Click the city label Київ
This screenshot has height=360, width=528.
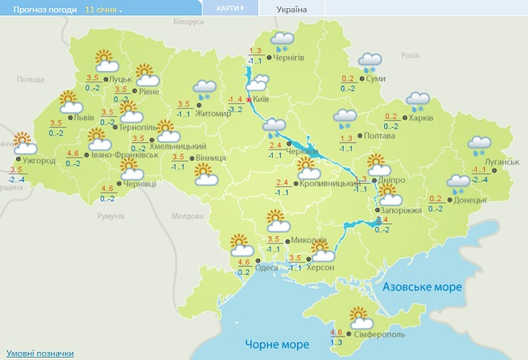(262, 98)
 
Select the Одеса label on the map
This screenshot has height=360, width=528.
(266, 267)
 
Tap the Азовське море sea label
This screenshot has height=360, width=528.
(422, 287)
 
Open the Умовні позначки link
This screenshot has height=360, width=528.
(40, 353)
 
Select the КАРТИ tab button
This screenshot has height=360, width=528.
(231, 8)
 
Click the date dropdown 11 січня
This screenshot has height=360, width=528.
(104, 10)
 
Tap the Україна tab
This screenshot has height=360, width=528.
(292, 9)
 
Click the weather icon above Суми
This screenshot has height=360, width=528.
(370, 62)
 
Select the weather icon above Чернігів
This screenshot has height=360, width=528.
(283, 41)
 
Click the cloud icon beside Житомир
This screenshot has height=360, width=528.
(204, 90)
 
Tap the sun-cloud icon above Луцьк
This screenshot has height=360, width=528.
(106, 62)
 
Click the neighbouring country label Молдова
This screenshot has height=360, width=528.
(187, 216)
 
